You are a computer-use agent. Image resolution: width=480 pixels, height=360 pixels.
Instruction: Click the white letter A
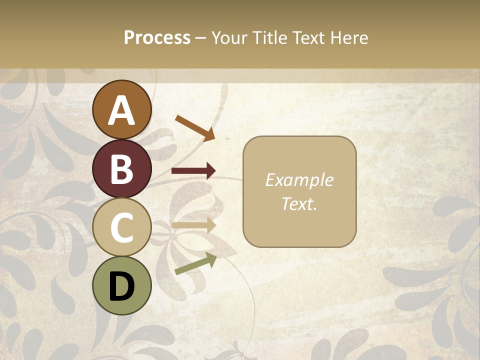[121, 111]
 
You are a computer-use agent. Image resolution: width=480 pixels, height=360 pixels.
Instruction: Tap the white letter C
[121, 227]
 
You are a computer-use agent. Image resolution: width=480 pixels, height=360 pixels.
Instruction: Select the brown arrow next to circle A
[195, 127]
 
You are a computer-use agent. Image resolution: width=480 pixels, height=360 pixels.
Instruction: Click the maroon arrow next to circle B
[193, 171]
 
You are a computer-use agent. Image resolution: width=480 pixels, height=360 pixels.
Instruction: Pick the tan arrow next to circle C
[193, 225]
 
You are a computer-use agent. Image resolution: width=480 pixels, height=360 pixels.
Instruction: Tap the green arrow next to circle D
[195, 264]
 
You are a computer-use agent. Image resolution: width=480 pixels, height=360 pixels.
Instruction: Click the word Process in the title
[157, 38]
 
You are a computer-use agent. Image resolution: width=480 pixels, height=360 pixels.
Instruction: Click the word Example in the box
[299, 180]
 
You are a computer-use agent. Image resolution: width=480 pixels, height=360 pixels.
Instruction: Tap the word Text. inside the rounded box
[299, 204]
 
